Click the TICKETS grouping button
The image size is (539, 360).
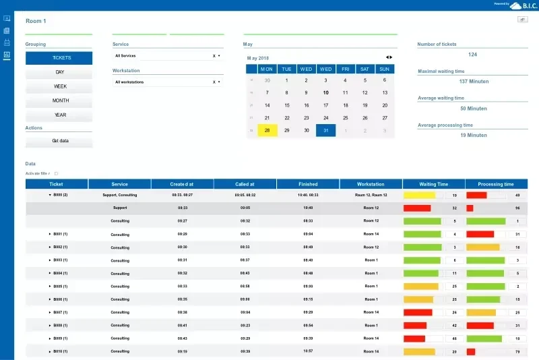click(59, 58)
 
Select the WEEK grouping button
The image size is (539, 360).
click(59, 86)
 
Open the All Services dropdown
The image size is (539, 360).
click(168, 56)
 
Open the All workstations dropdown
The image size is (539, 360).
click(168, 82)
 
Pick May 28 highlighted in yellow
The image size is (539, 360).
click(267, 130)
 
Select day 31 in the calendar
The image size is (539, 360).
click(325, 130)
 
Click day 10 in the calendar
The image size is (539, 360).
click(325, 93)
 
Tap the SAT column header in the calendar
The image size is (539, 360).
click(364, 69)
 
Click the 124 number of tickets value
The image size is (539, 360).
click(472, 55)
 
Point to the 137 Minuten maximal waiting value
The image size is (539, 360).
click(474, 82)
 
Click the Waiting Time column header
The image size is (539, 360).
click(433, 184)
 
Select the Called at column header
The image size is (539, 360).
click(245, 184)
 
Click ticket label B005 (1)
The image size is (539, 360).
click(60, 286)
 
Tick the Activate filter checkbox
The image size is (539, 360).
click(56, 173)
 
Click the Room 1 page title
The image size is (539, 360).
click(36, 21)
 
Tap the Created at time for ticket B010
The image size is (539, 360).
click(183, 351)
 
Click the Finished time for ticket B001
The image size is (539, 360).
click(308, 234)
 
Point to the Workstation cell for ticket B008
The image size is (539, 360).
click(371, 326)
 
